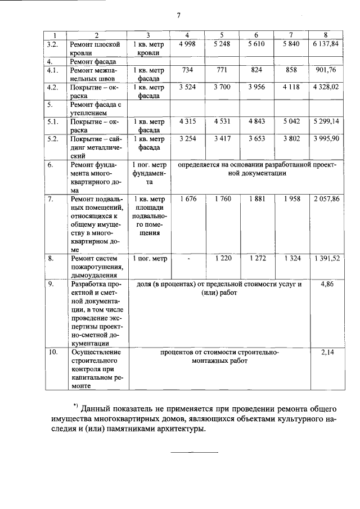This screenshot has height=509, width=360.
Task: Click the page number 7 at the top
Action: tap(178, 15)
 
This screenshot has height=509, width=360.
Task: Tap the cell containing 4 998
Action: tap(186, 44)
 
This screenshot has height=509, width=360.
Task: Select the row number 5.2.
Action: tap(53, 138)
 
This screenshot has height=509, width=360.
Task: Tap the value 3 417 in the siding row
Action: tap(222, 138)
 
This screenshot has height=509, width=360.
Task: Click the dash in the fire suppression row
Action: tap(187, 259)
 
